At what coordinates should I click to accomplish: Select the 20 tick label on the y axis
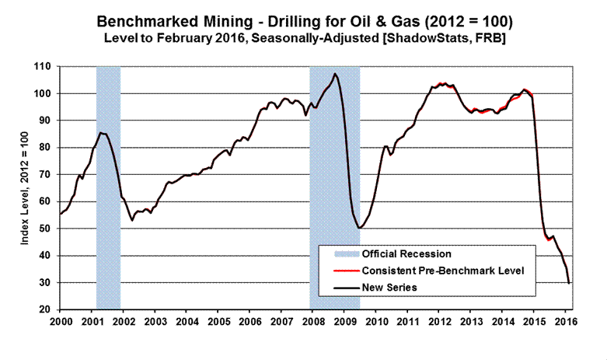coord(47,309)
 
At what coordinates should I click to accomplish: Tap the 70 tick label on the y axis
coord(47,175)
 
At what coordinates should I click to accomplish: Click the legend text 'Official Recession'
coord(406,254)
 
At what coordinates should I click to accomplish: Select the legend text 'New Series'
coord(389,288)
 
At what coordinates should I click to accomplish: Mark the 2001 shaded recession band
coord(108,187)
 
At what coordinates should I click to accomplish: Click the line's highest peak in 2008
coord(335,74)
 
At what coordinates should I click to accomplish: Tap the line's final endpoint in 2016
coord(570,283)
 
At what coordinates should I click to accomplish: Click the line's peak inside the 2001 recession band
coord(101,132)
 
